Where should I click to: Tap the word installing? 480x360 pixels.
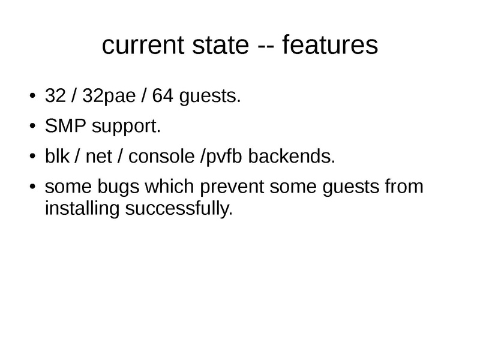click(x=80, y=210)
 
